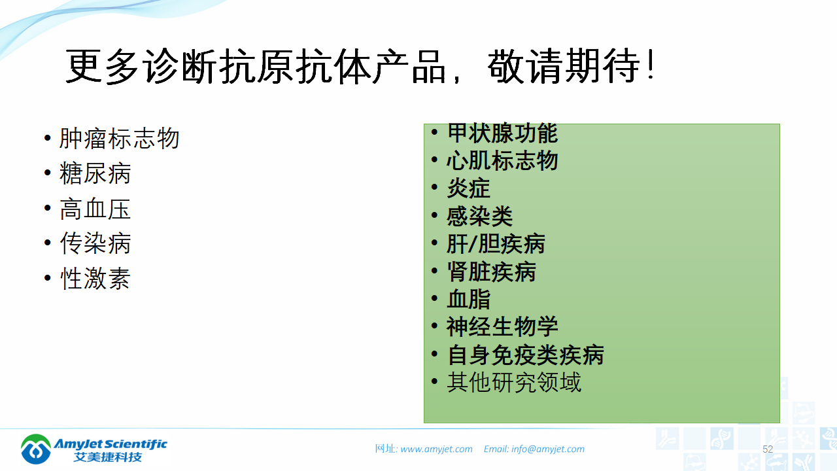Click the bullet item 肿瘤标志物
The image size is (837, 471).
[x=119, y=139]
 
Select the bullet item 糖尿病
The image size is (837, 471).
[x=95, y=173]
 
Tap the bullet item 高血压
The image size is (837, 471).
[x=95, y=209]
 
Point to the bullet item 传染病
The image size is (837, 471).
[x=95, y=243]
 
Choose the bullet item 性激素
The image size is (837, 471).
[x=95, y=279]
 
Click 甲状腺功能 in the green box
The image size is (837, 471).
[x=502, y=133]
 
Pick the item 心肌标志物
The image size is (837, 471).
[x=502, y=161]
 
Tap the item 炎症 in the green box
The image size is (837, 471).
[x=468, y=188]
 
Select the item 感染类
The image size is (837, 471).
[x=480, y=216]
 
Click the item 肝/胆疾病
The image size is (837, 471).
[x=496, y=244]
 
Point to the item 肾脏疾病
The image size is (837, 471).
[x=491, y=271]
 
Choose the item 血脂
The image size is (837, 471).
[x=468, y=299]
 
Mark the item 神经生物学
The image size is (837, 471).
[x=502, y=326]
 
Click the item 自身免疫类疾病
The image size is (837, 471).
[x=525, y=355]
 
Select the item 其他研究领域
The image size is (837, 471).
[x=514, y=382]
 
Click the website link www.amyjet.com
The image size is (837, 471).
[x=436, y=449]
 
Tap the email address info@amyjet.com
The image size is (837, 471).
[x=547, y=449]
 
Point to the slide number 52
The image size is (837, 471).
[x=768, y=449]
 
